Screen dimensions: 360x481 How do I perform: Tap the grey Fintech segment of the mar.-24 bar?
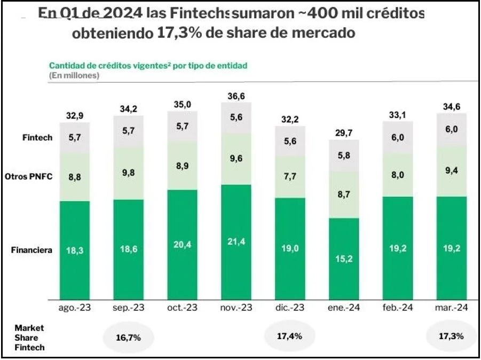(452, 129)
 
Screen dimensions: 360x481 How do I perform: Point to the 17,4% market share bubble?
(290, 336)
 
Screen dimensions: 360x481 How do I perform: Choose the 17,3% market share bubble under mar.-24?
(452, 336)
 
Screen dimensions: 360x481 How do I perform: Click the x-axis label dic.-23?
(290, 308)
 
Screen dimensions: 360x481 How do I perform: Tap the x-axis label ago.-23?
(75, 308)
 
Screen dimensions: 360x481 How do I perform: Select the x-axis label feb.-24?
(398, 308)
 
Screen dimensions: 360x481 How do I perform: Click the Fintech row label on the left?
(37, 138)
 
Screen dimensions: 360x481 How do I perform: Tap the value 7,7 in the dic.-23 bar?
(290, 176)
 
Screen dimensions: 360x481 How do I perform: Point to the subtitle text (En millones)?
(74, 75)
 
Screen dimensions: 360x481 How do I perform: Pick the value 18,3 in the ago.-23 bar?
(75, 250)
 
